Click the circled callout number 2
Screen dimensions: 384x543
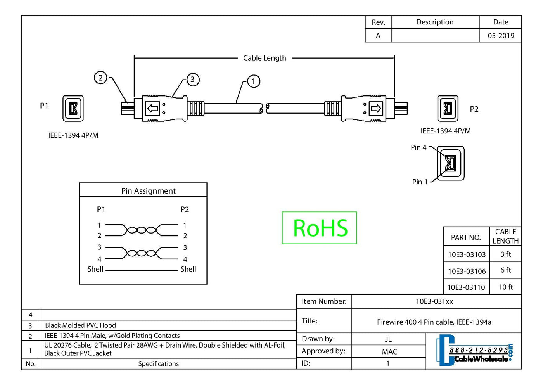[x=100, y=78]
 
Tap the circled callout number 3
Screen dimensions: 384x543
[x=193, y=80]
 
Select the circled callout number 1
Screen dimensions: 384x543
[x=254, y=81]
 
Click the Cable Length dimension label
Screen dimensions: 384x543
[x=265, y=58]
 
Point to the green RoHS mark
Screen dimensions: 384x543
[x=320, y=228]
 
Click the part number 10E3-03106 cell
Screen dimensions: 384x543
[x=467, y=271]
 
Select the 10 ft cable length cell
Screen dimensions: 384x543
[x=505, y=287]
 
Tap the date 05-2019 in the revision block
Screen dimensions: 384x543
[x=501, y=36]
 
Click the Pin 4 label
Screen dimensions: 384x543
[x=418, y=147]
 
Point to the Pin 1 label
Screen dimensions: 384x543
[x=420, y=182]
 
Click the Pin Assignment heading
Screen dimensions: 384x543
[x=148, y=191]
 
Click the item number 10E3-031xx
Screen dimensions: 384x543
[x=434, y=301]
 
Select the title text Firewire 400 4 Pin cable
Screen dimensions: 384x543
[x=434, y=322]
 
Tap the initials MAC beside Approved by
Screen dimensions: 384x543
[x=389, y=351]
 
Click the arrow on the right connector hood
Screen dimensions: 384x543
[x=375, y=108]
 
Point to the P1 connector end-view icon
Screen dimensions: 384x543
[x=73, y=108]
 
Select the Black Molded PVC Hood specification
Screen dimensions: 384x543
[x=80, y=325]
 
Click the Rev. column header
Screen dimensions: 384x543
[x=378, y=22]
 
